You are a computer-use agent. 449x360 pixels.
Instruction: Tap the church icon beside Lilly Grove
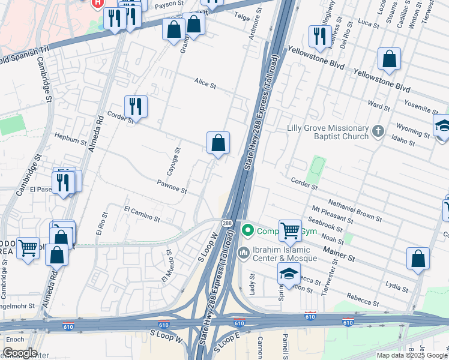(x=378, y=130)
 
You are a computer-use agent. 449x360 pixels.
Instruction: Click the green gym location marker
(x=246, y=230)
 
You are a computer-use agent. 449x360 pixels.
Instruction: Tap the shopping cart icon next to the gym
(x=290, y=230)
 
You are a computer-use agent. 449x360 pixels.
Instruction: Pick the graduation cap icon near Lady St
(x=289, y=274)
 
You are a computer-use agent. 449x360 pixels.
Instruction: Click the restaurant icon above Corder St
(x=136, y=107)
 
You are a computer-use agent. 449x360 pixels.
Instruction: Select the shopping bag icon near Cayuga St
(x=218, y=143)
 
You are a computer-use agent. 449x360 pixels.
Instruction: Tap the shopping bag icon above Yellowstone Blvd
(x=390, y=59)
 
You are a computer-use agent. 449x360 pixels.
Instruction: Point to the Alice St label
(x=205, y=83)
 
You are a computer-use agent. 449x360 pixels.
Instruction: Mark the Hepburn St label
(x=70, y=139)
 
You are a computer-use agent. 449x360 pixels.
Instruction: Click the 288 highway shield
(x=226, y=223)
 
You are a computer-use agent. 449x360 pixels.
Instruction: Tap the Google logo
(x=19, y=353)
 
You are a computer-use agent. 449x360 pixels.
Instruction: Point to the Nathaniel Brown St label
(x=355, y=209)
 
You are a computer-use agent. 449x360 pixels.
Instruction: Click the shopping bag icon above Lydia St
(x=418, y=258)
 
